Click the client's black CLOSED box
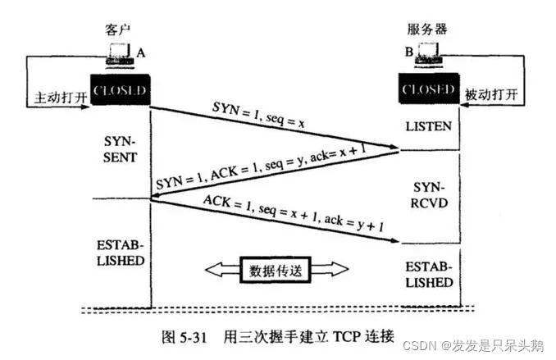coord(120,89)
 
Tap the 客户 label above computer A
coord(118,30)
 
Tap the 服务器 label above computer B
coord(426,30)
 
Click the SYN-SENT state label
coord(125,147)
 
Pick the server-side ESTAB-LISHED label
coord(429,274)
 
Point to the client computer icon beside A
coord(121,57)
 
